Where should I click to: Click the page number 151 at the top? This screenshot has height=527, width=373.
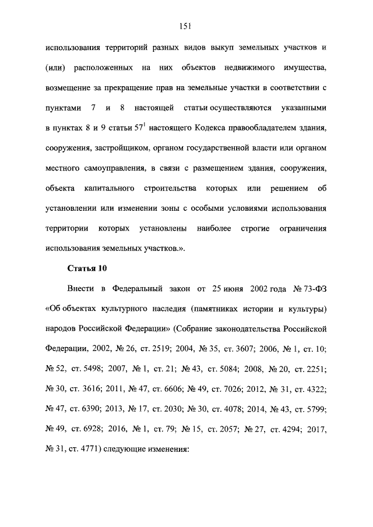click(x=186, y=25)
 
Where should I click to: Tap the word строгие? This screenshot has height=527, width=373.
click(x=254, y=229)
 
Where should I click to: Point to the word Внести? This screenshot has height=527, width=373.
click(x=78, y=288)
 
